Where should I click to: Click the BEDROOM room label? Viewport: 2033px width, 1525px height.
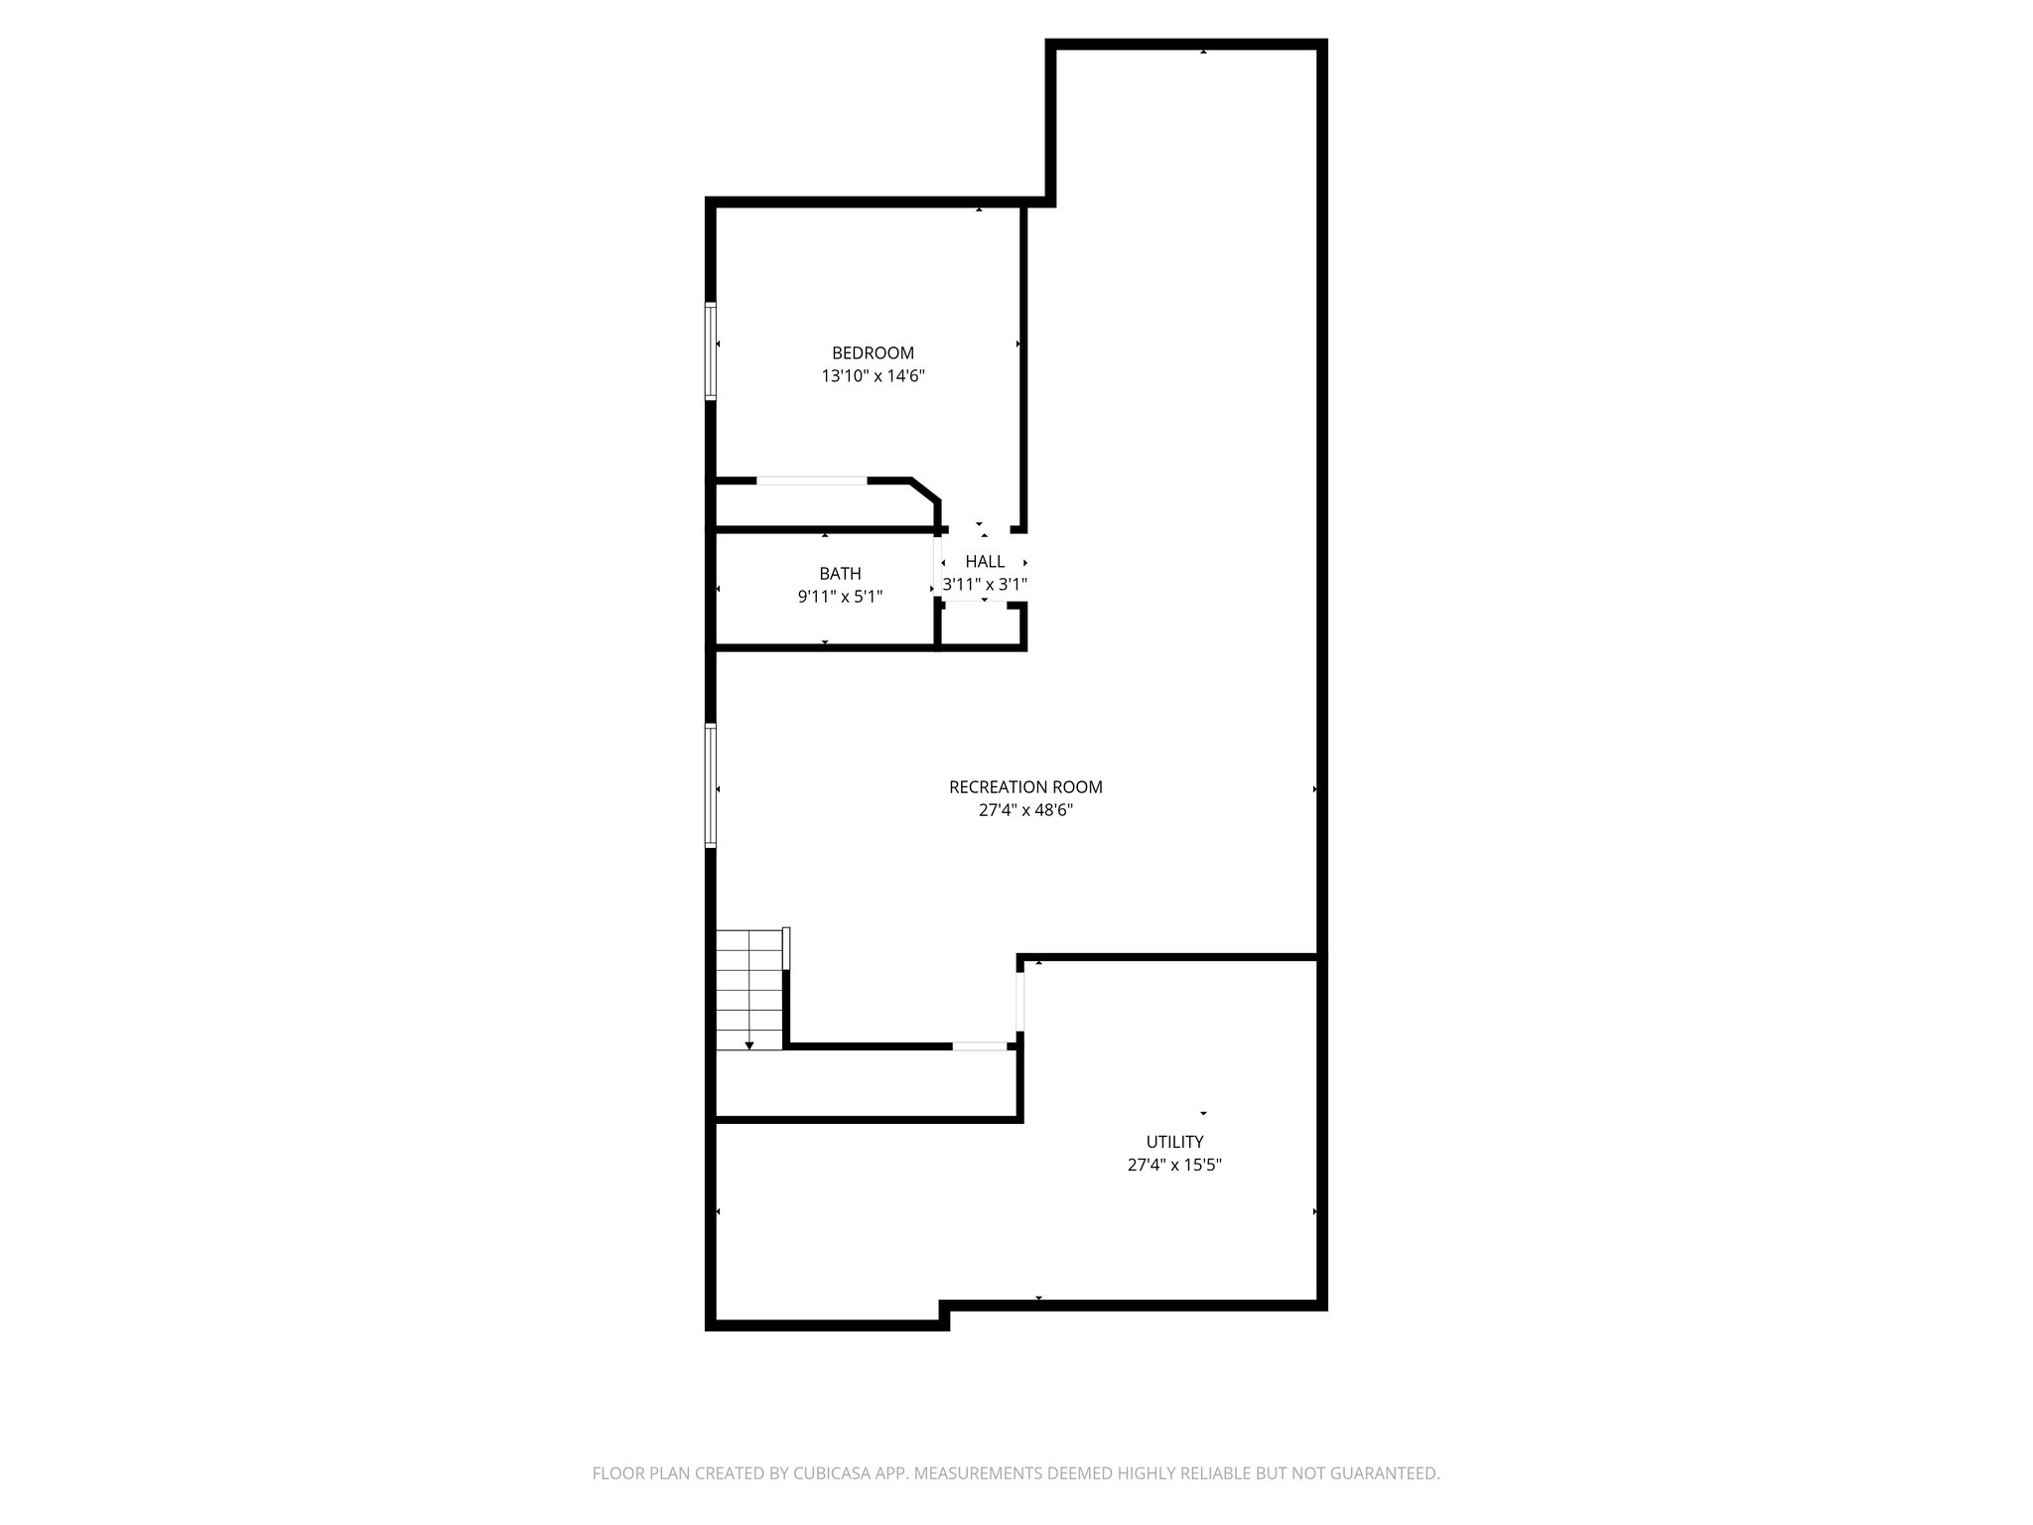coord(873,352)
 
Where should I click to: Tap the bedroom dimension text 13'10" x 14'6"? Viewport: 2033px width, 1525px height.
coord(873,376)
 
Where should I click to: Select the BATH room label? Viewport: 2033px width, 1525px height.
coord(840,573)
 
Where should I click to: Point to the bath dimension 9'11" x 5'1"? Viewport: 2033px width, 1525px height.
coord(840,597)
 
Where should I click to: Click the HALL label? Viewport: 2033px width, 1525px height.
coord(985,561)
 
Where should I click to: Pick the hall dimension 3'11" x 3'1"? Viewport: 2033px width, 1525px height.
coord(985,585)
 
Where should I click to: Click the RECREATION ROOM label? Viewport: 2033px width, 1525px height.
coord(1025,786)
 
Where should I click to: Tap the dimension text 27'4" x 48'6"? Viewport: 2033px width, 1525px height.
coord(1025,810)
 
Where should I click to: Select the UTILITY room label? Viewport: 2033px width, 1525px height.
coord(1174,1141)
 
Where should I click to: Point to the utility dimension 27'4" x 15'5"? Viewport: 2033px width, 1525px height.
coord(1174,1165)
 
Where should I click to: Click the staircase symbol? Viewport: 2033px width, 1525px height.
coord(750,988)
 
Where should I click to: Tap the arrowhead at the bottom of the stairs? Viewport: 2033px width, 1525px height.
coord(749,1044)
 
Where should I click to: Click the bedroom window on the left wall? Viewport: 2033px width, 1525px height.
coord(711,350)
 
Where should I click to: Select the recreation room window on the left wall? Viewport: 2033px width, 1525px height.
coord(711,785)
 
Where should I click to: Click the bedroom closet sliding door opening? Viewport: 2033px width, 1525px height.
coord(812,481)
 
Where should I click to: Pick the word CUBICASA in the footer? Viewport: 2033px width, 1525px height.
coord(821,1473)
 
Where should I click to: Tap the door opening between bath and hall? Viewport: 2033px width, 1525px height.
coord(937,566)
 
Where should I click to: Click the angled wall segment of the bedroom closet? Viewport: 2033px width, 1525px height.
coord(925,490)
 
